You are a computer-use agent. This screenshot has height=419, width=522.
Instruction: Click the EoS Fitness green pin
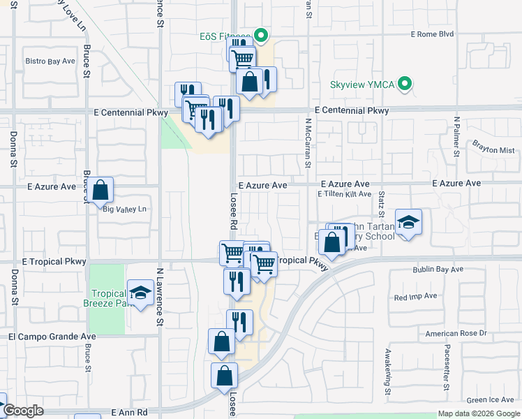(x=262, y=34)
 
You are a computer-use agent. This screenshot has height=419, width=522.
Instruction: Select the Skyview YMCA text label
(x=362, y=85)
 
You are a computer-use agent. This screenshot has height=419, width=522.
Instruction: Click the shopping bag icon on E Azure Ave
(x=100, y=190)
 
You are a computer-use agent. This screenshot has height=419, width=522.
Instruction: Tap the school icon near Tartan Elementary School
(x=408, y=223)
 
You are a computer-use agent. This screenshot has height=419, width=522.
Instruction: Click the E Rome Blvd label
(x=432, y=34)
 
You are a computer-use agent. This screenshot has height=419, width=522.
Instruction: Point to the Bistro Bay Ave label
(x=50, y=61)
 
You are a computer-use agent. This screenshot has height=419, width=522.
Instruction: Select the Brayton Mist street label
(x=493, y=150)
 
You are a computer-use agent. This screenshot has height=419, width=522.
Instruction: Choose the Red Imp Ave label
(x=415, y=296)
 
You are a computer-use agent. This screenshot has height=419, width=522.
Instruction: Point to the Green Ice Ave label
(x=491, y=400)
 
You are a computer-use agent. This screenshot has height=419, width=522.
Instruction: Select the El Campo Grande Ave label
(x=52, y=336)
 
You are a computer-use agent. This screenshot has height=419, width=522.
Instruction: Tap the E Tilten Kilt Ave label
(x=345, y=194)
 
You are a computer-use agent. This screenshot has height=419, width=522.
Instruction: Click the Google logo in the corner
(x=22, y=411)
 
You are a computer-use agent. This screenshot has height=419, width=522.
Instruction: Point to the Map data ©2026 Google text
(x=479, y=413)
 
